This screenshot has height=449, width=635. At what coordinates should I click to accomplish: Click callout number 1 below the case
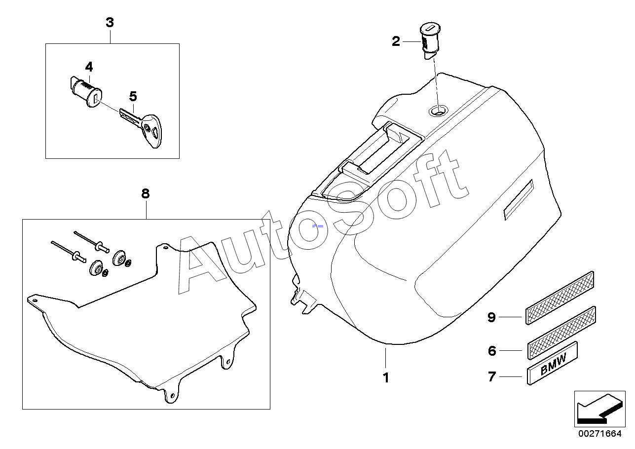pyautogui.click(x=386, y=377)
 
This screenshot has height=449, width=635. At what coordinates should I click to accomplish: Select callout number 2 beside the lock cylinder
pyautogui.click(x=396, y=41)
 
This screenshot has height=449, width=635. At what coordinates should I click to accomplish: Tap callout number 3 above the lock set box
pyautogui.click(x=110, y=22)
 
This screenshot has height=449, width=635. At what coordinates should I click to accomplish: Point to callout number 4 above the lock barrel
pyautogui.click(x=89, y=67)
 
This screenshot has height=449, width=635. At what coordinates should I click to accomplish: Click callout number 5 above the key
pyautogui.click(x=133, y=97)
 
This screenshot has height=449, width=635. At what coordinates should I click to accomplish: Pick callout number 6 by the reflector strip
pyautogui.click(x=492, y=351)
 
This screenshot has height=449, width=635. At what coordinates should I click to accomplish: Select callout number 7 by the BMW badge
pyautogui.click(x=492, y=377)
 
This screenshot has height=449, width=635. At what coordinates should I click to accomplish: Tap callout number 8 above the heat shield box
pyautogui.click(x=145, y=194)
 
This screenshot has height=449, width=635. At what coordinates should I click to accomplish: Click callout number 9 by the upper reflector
pyautogui.click(x=491, y=317)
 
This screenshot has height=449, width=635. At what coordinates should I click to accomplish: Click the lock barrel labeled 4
pyautogui.click(x=86, y=92)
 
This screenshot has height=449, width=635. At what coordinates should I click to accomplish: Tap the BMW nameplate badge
pyautogui.click(x=552, y=363)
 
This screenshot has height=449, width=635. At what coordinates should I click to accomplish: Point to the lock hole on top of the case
pyautogui.click(x=439, y=111)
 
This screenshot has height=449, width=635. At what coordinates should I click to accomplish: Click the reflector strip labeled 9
pyautogui.click(x=560, y=298)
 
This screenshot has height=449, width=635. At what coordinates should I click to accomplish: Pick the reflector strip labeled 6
pyautogui.click(x=561, y=333)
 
